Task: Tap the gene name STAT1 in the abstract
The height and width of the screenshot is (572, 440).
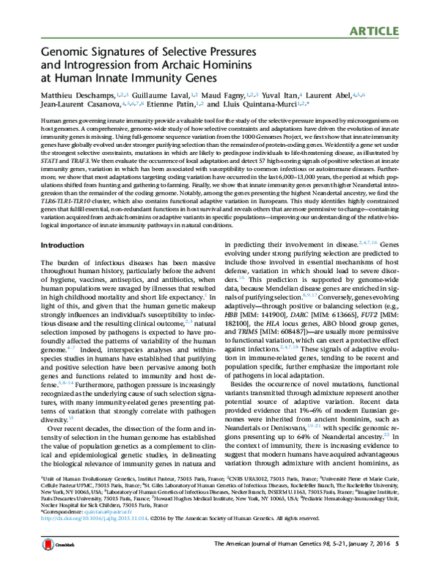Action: [50, 155]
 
